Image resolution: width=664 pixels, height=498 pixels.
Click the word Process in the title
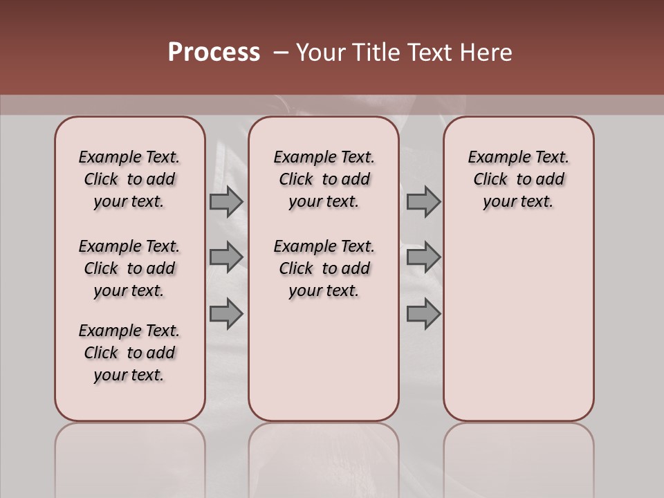[214, 53]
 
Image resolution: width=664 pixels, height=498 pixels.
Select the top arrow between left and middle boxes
[226, 201]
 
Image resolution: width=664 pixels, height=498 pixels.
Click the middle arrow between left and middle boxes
[226, 257]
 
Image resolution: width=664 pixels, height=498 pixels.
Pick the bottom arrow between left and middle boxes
[226, 314]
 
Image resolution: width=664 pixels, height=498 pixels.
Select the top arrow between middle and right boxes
[423, 201]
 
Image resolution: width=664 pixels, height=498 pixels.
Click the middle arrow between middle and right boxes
[423, 257]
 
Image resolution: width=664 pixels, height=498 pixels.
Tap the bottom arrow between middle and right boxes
[423, 314]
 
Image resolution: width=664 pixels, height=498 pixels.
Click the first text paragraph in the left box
[129, 179]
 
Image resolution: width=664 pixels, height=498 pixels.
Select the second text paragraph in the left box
[129, 268]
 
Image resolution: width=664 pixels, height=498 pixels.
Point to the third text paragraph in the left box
[129, 353]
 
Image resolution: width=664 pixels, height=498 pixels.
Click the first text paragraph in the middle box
[324, 179]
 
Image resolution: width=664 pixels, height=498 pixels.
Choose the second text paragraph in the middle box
[324, 268]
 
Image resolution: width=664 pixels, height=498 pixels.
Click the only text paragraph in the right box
[518, 179]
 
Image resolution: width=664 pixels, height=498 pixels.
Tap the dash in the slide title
[281, 53]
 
